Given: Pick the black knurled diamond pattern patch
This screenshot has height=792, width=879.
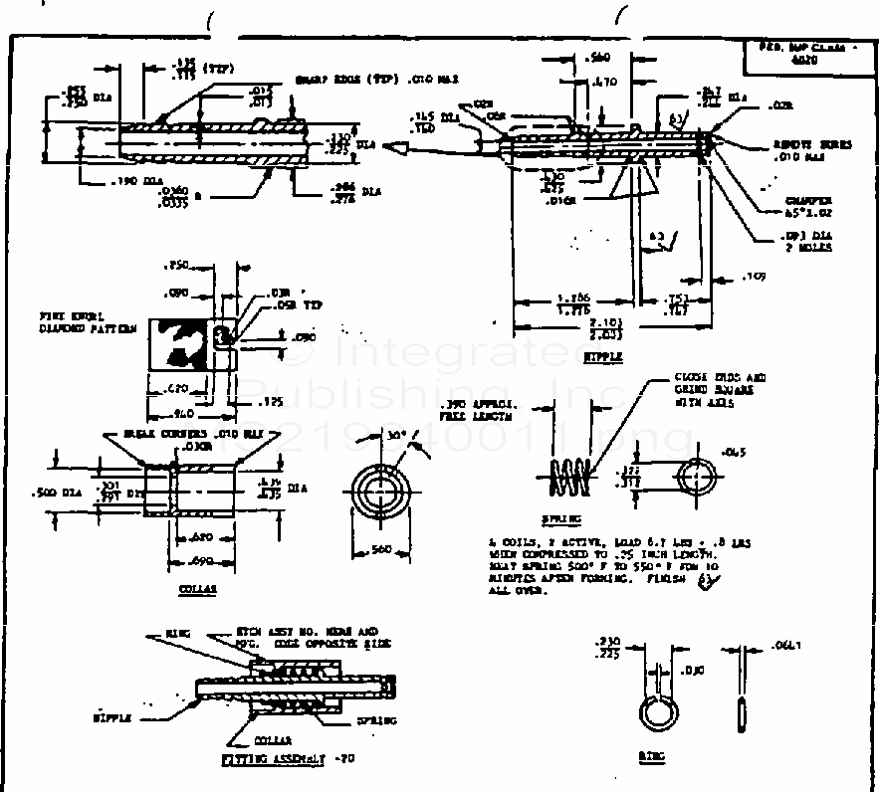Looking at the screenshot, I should [181, 343].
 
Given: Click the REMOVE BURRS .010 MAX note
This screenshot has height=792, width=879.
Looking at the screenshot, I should [812, 149].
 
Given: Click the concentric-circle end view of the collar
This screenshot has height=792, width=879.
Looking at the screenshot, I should [381, 493].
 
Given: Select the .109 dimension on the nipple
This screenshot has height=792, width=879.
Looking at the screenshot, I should [755, 274].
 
